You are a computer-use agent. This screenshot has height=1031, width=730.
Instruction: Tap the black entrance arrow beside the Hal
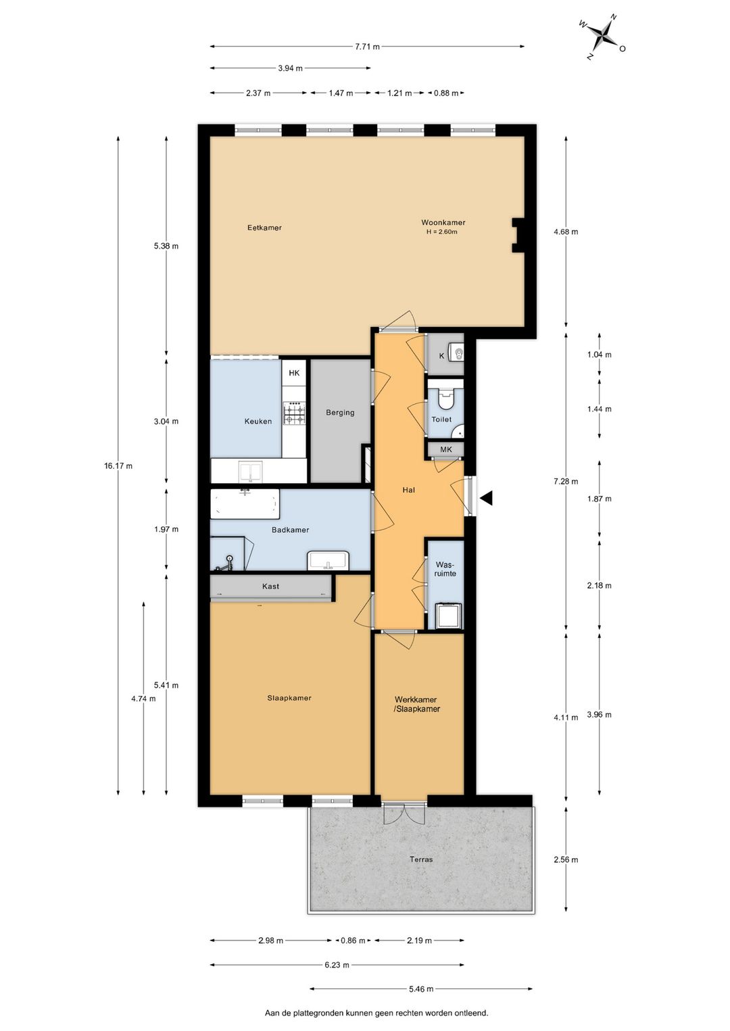pos(487,497)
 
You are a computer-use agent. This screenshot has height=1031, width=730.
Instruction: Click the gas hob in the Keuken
pos(294,413)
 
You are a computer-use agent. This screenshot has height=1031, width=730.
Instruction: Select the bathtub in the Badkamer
pos(245,503)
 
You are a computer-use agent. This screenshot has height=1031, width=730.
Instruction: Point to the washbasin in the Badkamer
pos(328,560)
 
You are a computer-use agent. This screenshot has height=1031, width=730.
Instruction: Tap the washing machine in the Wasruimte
pos(449,615)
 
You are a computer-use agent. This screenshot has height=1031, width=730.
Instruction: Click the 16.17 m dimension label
pos(118,466)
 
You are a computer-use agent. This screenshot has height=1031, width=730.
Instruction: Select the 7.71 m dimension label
pos(367,47)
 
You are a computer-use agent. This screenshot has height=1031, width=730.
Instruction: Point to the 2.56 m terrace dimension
pos(566,859)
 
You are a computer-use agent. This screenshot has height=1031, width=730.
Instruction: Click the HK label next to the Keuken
pos(294,373)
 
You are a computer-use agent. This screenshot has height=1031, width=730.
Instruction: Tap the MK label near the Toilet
pos(446,449)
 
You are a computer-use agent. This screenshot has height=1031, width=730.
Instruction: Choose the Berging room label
pos(341,412)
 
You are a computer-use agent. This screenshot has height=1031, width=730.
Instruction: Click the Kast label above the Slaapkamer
pos(270,586)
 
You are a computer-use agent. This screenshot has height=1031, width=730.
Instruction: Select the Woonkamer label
pos(443,222)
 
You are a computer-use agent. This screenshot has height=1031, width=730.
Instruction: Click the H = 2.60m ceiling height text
pos(442,232)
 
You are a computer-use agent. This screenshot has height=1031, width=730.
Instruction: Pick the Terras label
pos(421,859)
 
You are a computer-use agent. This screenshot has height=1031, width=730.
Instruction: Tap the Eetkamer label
pos(264,228)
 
